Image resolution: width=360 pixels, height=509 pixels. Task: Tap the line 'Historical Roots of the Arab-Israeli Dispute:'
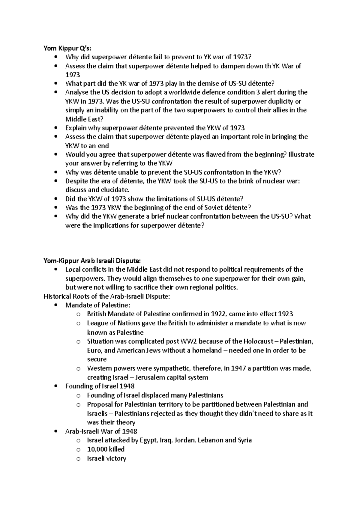107,296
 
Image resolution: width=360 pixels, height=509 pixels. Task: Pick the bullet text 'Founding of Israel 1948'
100,386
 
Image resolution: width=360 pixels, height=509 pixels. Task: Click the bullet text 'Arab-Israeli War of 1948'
101,431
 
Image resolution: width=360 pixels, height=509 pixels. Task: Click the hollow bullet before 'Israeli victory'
78,459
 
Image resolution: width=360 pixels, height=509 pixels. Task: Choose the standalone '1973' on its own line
73,75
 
